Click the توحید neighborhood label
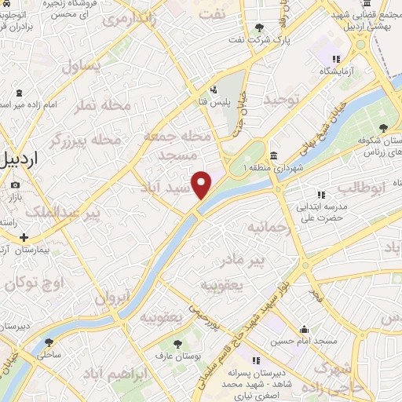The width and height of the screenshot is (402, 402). [282, 99]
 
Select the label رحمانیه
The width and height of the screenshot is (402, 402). [265, 228]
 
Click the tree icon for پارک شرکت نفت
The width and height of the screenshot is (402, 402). [260, 28]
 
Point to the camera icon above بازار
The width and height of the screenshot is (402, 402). [15, 185]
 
